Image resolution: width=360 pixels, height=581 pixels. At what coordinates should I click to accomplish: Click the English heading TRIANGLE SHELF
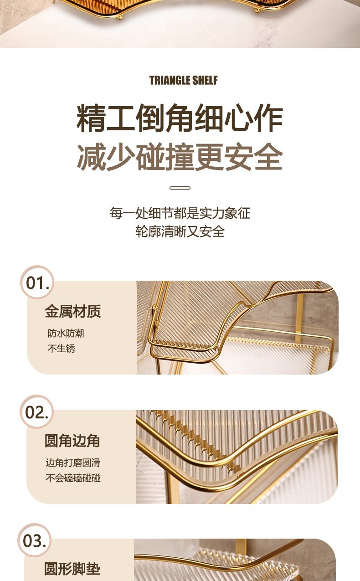click(x=183, y=80)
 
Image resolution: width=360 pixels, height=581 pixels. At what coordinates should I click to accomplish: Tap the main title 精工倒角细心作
click(x=180, y=118)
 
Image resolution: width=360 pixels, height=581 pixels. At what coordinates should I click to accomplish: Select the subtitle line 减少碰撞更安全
click(x=180, y=157)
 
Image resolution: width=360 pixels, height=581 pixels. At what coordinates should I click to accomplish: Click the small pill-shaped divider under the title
click(x=180, y=188)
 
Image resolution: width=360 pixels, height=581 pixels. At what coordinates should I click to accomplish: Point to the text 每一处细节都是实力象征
click(x=180, y=213)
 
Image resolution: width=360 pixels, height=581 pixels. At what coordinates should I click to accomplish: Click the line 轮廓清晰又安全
click(x=180, y=231)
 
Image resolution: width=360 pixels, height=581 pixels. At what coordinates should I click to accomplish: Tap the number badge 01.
click(x=37, y=282)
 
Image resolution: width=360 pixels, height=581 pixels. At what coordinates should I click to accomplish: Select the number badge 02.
click(x=36, y=411)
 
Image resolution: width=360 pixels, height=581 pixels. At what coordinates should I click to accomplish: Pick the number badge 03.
click(x=34, y=540)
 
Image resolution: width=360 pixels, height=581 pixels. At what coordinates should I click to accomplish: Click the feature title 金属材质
click(x=73, y=311)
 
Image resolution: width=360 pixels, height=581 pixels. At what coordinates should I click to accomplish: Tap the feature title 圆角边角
click(x=72, y=440)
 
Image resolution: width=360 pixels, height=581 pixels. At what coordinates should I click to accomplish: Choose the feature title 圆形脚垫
click(x=72, y=569)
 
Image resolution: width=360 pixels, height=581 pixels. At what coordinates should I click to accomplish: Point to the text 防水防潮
click(x=66, y=333)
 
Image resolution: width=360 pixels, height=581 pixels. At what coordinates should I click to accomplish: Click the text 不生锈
click(x=61, y=348)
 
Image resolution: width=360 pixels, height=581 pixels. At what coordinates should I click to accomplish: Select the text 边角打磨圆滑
click(x=73, y=463)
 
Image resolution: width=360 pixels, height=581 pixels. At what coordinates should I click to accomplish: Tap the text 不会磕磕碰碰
click(x=73, y=478)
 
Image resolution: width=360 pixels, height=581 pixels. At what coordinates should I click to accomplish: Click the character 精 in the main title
click(x=91, y=118)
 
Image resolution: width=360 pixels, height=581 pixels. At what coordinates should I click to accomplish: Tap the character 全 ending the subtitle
click(x=268, y=157)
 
